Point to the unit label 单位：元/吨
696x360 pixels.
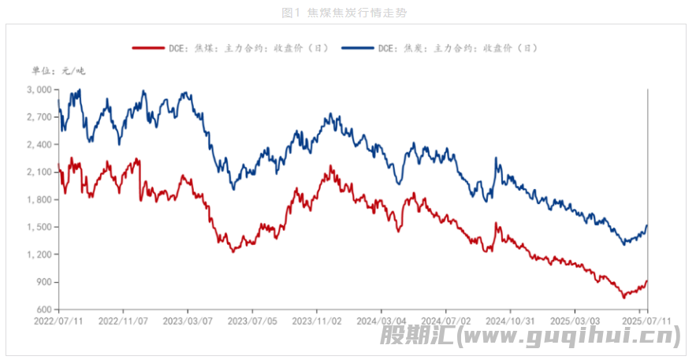(58, 71)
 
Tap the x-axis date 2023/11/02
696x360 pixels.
(316, 321)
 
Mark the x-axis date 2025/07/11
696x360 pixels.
(646, 321)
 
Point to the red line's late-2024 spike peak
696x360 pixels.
(496, 224)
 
